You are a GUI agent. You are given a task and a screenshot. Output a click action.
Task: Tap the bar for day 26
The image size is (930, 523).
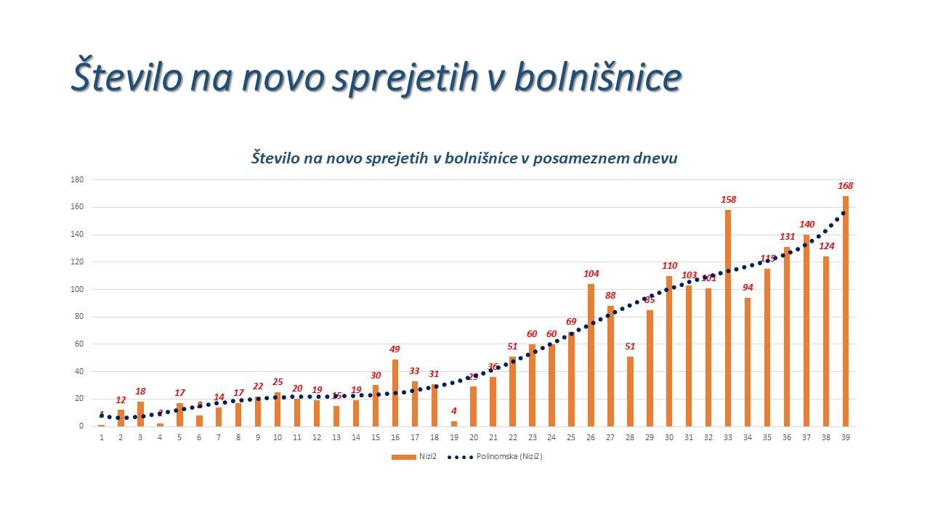(591, 355)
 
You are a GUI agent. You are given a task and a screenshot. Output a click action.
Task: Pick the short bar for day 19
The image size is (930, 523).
(454, 423)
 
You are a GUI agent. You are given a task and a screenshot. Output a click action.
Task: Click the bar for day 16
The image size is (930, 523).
(395, 393)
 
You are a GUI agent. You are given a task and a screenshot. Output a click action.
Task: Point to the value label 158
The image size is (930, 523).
(728, 199)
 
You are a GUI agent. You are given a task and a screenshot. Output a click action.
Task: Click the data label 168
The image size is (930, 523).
(845, 185)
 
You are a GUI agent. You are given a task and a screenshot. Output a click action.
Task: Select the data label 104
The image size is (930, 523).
(591, 274)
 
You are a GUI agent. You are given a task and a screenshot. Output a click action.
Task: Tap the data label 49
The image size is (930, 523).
(395, 349)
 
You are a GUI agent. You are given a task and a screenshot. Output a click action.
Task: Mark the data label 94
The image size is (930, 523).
(748, 288)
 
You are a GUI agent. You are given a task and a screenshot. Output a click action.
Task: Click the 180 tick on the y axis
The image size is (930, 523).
(77, 180)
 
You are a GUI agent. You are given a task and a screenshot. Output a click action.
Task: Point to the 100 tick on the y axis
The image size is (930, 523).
(77, 290)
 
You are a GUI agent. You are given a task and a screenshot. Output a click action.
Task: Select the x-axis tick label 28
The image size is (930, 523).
(630, 437)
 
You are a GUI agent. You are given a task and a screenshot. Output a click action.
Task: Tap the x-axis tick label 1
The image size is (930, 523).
(102, 437)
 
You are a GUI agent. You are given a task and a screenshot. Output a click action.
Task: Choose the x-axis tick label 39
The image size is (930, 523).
(845, 437)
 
